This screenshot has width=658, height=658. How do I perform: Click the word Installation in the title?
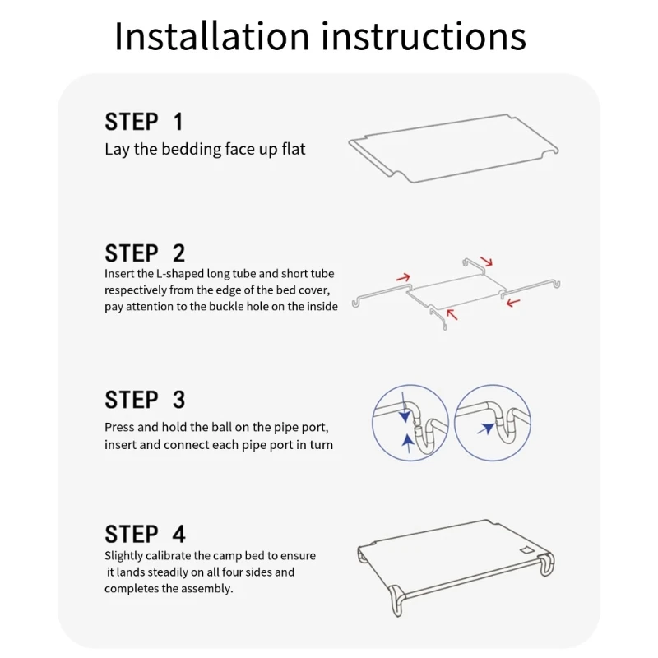(212, 37)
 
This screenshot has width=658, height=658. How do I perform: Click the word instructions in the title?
(424, 37)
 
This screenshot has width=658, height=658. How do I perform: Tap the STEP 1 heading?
(144, 122)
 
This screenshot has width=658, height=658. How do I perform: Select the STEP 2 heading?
(145, 253)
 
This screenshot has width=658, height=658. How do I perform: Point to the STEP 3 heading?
(145, 400)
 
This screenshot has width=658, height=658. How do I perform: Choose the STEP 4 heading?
(145, 534)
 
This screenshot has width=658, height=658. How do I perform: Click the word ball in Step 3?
(221, 427)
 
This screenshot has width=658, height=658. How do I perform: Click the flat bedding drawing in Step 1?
(453, 148)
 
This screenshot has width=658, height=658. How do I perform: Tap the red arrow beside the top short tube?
(487, 261)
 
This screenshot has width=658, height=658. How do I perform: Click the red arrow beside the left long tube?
(403, 277)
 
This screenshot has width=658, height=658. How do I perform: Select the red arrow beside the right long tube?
(513, 302)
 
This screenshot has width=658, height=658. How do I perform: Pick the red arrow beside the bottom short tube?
(452, 315)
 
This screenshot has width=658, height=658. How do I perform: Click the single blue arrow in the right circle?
(486, 429)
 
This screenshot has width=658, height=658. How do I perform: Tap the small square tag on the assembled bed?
(527, 550)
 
